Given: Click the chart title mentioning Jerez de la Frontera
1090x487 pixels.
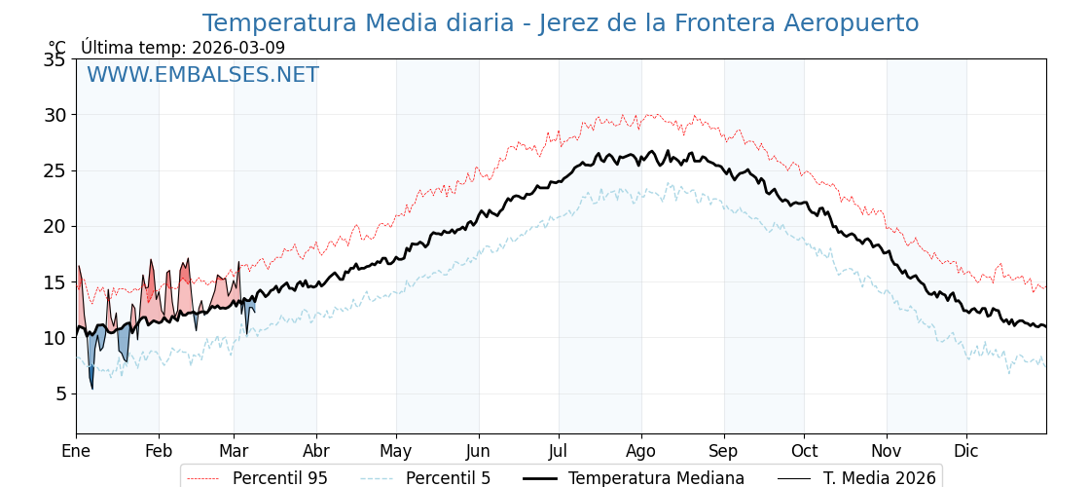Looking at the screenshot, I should pos(560,23).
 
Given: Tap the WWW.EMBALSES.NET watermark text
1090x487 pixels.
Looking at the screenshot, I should pos(202,75).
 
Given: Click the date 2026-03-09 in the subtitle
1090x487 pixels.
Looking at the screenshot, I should pos(238,48).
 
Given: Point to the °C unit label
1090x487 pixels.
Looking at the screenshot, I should pos(57,48).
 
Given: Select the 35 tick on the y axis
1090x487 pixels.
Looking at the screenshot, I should pos(54,59).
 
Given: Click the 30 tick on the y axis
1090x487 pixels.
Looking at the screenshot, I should pos(54,115).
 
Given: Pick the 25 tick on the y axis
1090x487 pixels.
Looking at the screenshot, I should pos(54,170).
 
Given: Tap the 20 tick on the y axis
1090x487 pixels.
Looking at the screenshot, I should pos(54,226).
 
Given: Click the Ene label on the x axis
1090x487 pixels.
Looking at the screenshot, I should pos(76,451).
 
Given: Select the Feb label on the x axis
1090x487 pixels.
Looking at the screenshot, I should pos(159,451).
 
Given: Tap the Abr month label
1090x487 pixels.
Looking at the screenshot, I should pos(316,451).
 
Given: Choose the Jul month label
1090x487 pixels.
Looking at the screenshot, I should pos(559,451).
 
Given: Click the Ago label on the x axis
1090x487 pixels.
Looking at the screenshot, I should pos(641,451).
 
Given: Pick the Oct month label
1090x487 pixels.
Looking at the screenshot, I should pos(804,451).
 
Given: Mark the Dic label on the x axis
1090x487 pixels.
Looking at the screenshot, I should pos(966,451).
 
